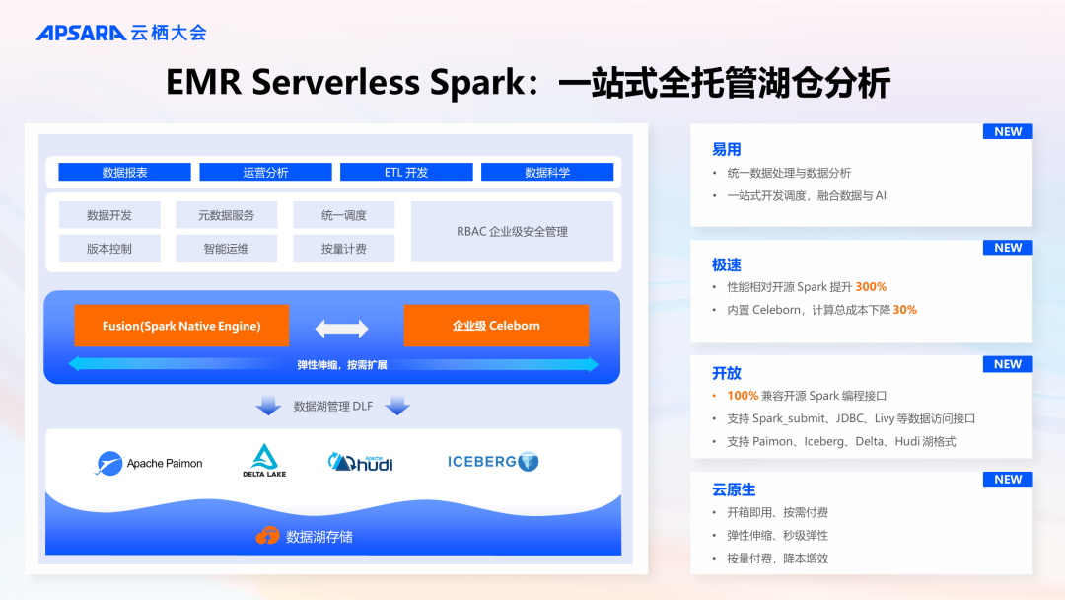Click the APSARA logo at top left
[x=81, y=33]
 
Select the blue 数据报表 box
[x=124, y=172]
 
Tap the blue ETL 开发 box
[x=406, y=172]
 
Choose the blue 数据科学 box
[x=547, y=172]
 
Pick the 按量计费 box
[x=343, y=249]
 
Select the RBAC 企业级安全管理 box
[x=512, y=232]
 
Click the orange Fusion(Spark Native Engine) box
[x=181, y=326]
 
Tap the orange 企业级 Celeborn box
[x=496, y=326]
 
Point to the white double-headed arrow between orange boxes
[x=341, y=328]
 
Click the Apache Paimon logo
[x=150, y=463]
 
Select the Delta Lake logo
[x=263, y=461]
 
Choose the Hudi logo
[x=361, y=461]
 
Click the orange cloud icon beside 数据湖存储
[x=267, y=536]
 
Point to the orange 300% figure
[x=871, y=287]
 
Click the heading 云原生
[x=734, y=489]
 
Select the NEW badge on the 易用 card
[x=1008, y=131]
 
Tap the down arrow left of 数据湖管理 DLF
[x=268, y=406]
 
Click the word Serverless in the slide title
[x=336, y=83]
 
